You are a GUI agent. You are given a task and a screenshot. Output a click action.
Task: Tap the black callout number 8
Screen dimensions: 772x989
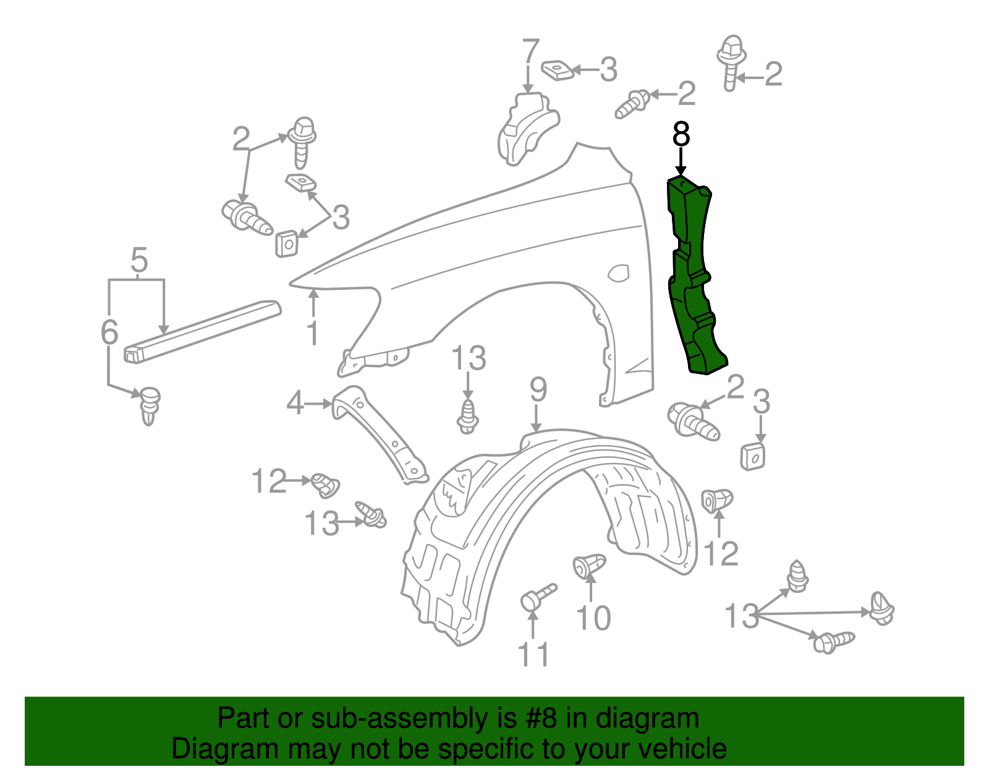point(681,134)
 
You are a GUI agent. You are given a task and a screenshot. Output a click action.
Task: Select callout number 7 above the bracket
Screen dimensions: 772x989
point(530,53)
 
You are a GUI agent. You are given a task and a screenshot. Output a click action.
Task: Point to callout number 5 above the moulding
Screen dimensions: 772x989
point(139,261)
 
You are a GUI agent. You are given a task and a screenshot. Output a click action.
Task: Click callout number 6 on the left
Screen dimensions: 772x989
point(109,333)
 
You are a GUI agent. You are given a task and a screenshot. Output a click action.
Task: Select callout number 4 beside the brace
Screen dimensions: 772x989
point(295,404)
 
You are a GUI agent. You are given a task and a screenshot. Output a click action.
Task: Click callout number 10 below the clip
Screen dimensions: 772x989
point(593,618)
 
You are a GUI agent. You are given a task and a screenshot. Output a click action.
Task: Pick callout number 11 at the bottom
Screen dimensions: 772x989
point(533,655)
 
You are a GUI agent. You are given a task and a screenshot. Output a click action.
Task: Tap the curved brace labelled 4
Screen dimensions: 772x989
point(380,433)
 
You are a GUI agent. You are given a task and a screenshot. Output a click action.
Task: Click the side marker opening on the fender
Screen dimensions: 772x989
point(619,273)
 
